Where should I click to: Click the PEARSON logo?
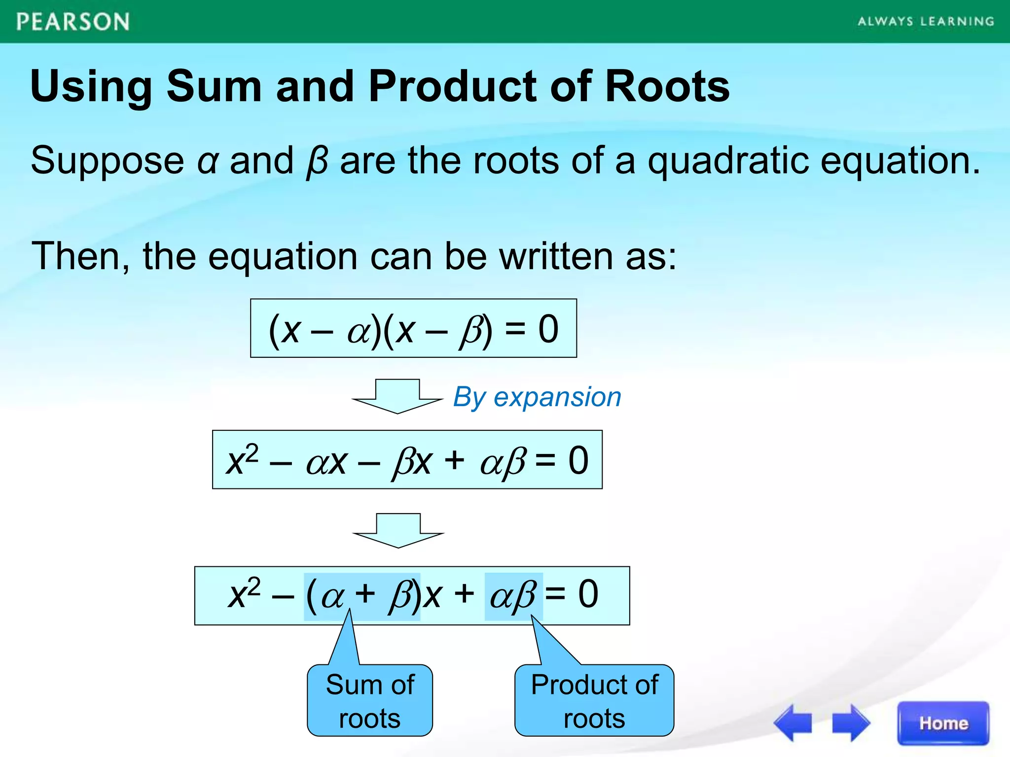(73, 22)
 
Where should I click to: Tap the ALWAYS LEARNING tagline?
(926, 21)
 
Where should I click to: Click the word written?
(557, 256)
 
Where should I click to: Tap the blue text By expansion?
(537, 397)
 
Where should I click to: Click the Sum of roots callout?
(370, 700)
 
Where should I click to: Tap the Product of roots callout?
(594, 700)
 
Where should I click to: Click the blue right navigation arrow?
(851, 723)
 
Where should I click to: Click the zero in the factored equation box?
(548, 329)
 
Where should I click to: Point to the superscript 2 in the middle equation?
(252, 452)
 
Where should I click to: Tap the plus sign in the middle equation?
(454, 460)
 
